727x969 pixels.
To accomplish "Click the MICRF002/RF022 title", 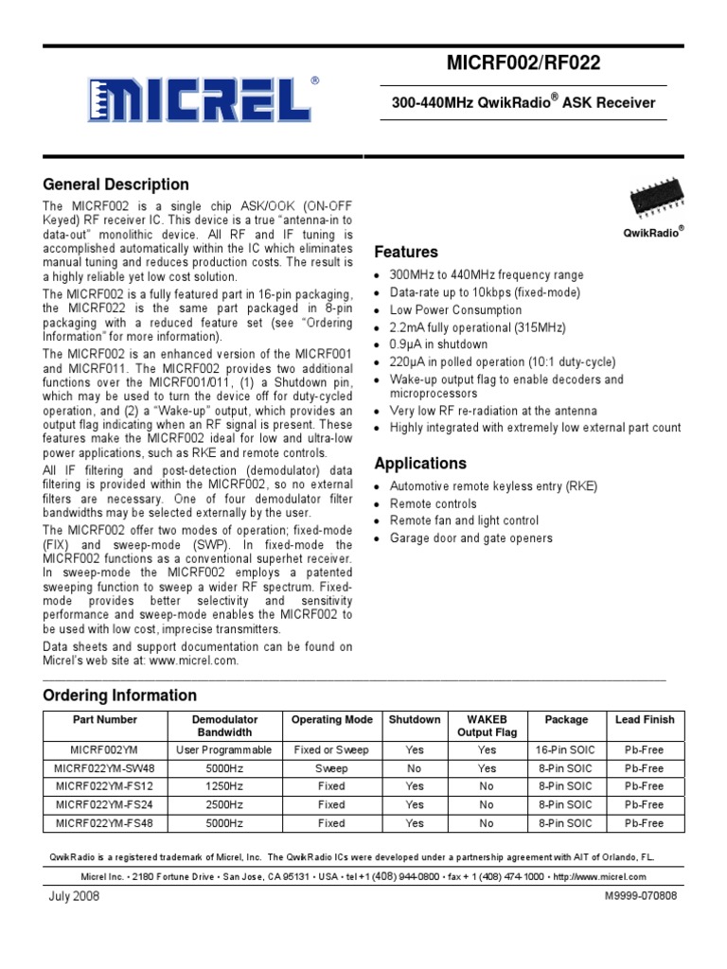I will (x=523, y=63).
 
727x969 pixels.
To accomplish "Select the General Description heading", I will (x=116, y=185).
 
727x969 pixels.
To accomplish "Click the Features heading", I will (x=406, y=252).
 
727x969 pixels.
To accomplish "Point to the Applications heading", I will (x=420, y=464).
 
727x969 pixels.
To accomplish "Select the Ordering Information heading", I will (x=120, y=696).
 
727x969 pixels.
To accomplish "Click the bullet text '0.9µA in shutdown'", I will (x=438, y=344).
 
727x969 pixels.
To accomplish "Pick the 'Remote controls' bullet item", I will (x=433, y=503).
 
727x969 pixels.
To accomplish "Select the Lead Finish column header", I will (x=645, y=720).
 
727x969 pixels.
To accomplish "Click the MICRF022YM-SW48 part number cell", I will (x=98, y=768).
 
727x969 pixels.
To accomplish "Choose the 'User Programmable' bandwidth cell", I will (x=224, y=749).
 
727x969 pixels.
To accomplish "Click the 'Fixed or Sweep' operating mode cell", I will (x=331, y=749).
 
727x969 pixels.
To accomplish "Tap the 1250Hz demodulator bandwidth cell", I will (x=224, y=786).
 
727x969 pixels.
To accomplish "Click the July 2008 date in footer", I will (x=71, y=895).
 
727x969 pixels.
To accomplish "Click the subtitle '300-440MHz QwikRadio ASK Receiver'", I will (x=523, y=103).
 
